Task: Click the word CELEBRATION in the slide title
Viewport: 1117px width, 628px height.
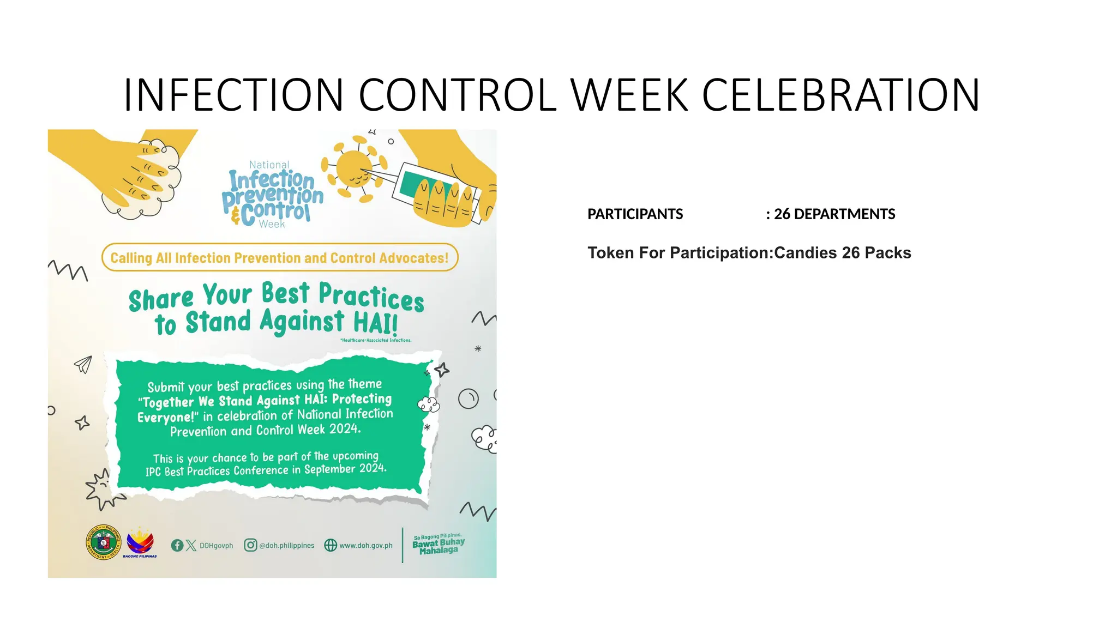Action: click(x=840, y=95)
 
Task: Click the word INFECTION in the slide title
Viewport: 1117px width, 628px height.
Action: click(x=233, y=95)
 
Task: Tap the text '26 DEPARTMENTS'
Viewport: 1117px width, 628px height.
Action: click(x=834, y=214)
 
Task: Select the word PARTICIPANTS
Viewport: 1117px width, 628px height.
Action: click(x=635, y=214)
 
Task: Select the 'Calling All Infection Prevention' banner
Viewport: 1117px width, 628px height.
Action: click(x=279, y=258)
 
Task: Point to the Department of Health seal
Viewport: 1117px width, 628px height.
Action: click(x=104, y=542)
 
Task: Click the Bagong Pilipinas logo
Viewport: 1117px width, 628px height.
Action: click(x=140, y=542)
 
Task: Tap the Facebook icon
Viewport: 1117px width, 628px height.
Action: click(x=177, y=545)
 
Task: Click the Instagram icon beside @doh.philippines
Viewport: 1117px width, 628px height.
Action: click(x=250, y=545)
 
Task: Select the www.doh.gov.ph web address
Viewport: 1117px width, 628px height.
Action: click(x=365, y=545)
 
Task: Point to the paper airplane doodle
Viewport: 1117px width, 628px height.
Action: click(x=83, y=364)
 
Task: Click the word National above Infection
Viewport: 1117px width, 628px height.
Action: click(x=269, y=165)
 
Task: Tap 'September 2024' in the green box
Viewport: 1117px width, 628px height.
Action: click(x=345, y=469)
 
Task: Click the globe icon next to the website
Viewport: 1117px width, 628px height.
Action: click(x=331, y=545)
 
